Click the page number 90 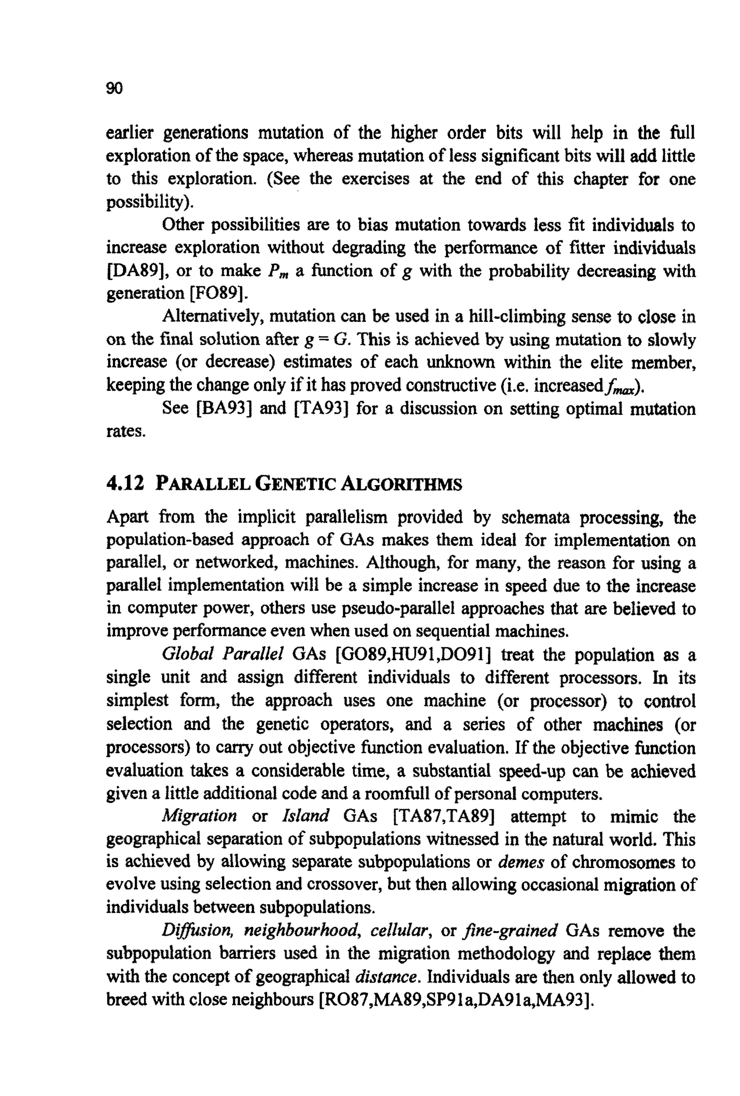pos(115,88)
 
